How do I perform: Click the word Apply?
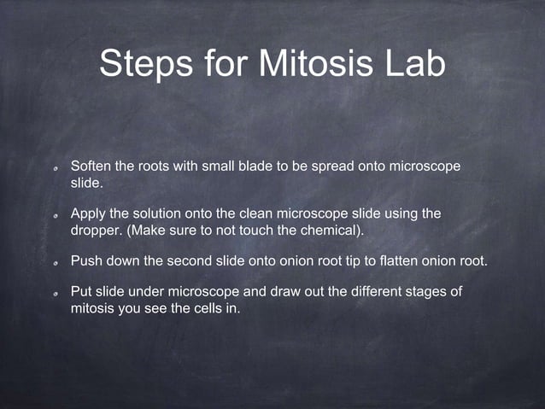tap(88, 213)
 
